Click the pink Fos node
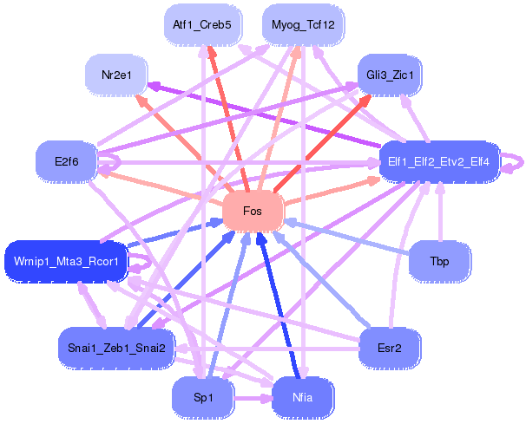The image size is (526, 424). [x=253, y=212]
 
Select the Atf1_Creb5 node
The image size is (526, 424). [x=201, y=25]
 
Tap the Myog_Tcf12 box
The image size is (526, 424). [x=302, y=25]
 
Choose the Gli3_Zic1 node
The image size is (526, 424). [x=390, y=75]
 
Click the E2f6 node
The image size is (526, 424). [x=66, y=161]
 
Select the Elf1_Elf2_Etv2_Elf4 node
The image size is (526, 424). [x=438, y=161]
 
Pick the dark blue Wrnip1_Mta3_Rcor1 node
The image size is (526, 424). [x=66, y=260]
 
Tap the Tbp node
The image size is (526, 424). [x=439, y=260]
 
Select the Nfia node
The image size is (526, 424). [x=303, y=397]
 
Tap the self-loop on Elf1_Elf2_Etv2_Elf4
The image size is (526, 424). [x=514, y=161]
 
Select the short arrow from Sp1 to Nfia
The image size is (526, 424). [x=252, y=398]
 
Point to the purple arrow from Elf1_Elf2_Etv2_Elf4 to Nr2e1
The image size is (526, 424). [x=269, y=115]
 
